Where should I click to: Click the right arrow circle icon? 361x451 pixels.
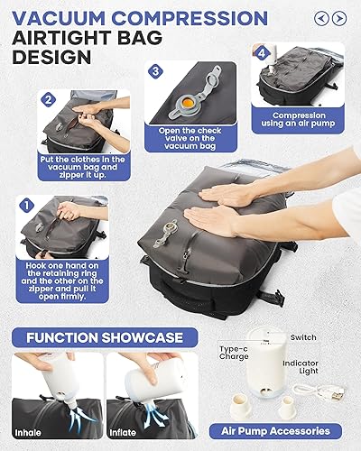point(339,17)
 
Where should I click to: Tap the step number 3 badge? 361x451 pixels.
point(154,71)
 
